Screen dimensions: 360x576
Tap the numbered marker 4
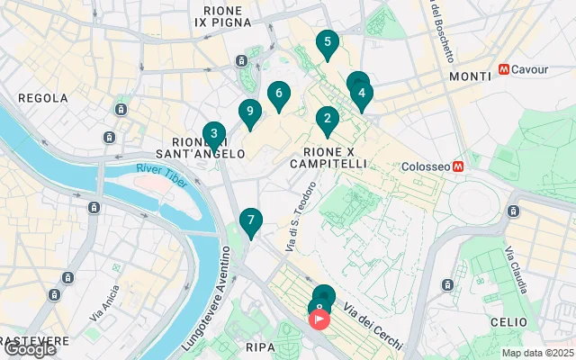[x=361, y=93]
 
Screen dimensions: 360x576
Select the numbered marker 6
[x=279, y=94]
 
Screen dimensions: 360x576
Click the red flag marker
[x=320, y=319]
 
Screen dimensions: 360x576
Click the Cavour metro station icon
[x=504, y=69]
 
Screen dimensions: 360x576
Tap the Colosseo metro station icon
[x=458, y=166]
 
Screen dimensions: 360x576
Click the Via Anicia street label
[x=104, y=304]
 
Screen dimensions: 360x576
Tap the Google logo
[x=30, y=349]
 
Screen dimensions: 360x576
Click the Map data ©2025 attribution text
[x=537, y=353]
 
